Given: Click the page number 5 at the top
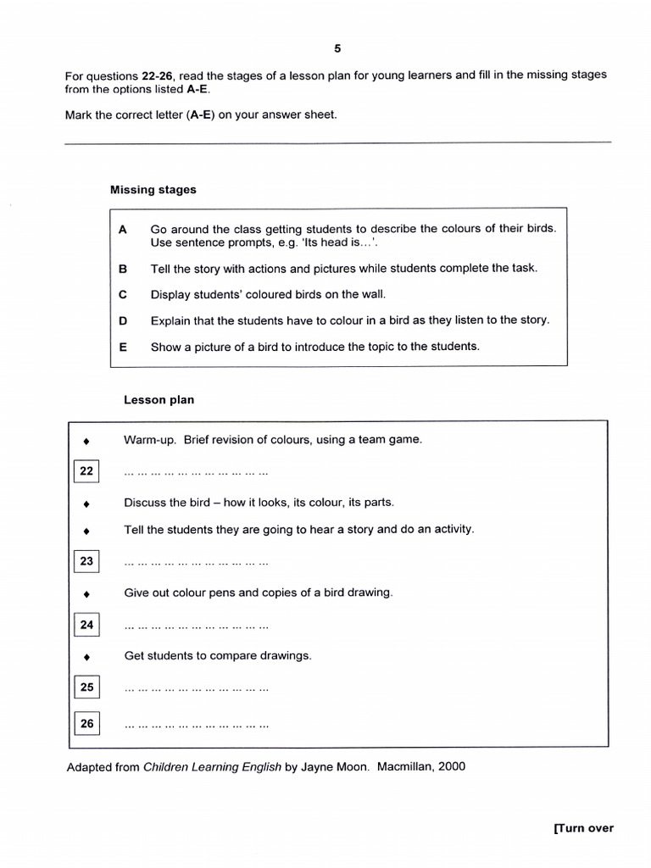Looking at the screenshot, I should pyautogui.click(x=337, y=48).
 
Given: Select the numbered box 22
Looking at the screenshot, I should pyautogui.click(x=86, y=471).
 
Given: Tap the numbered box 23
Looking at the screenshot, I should pyautogui.click(x=86, y=561).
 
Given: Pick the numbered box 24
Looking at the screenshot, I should pyautogui.click(x=86, y=626).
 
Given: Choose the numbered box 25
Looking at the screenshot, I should pyautogui.click(x=86, y=687).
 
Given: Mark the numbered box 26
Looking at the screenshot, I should pyautogui.click(x=86, y=724).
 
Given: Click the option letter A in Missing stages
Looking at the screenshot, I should pyautogui.click(x=123, y=229).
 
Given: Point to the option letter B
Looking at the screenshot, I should pyautogui.click(x=123, y=268).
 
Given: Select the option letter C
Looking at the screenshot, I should pyautogui.click(x=123, y=294).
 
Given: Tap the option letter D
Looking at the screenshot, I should pyautogui.click(x=123, y=320).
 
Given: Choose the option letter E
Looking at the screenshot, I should pyautogui.click(x=123, y=347).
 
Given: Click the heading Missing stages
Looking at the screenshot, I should pyautogui.click(x=153, y=190).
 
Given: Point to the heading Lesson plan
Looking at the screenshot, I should pyautogui.click(x=159, y=400).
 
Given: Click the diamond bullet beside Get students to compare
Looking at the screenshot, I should pyautogui.click(x=86, y=656).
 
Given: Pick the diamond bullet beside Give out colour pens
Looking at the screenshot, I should pyautogui.click(x=86, y=593).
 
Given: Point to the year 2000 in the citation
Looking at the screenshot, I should pyautogui.click(x=451, y=767).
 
